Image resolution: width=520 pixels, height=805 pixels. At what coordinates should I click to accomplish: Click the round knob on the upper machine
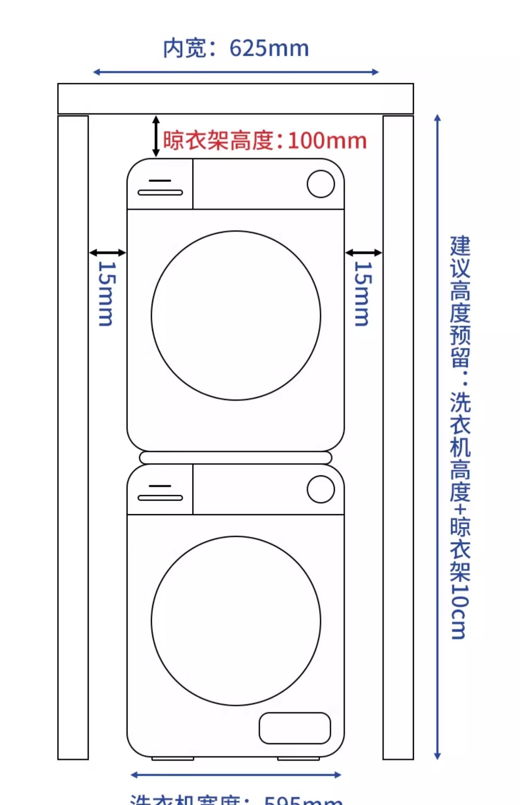pos(321,184)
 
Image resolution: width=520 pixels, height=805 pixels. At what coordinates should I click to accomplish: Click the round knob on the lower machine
pos(321,489)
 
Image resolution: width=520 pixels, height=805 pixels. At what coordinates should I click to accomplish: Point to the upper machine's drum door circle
pos(236,315)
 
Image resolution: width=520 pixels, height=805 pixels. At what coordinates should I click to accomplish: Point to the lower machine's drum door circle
pos(236,621)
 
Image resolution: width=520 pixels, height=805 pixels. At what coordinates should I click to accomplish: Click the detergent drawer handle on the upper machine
pos(160,192)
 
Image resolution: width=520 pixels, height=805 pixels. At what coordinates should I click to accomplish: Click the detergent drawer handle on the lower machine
pos(160,498)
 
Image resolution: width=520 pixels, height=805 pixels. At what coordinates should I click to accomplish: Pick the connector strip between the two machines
pos(236,458)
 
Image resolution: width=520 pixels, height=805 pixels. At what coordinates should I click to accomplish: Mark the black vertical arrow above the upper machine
pos(156,136)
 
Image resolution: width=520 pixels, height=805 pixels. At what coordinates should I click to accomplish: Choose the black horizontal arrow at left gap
pos(107,253)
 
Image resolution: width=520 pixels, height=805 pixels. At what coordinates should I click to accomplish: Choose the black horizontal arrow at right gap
pos(364,253)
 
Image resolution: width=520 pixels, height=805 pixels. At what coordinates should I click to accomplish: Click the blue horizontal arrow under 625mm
pos(236,72)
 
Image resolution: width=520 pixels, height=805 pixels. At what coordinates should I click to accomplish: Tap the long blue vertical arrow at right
pos(437,437)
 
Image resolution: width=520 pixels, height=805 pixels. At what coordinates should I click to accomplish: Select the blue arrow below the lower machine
pos(236,775)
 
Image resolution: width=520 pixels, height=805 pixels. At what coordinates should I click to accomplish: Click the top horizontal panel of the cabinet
pos(236,99)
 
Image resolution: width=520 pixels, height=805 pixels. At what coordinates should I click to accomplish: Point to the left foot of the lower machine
pos(173,759)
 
